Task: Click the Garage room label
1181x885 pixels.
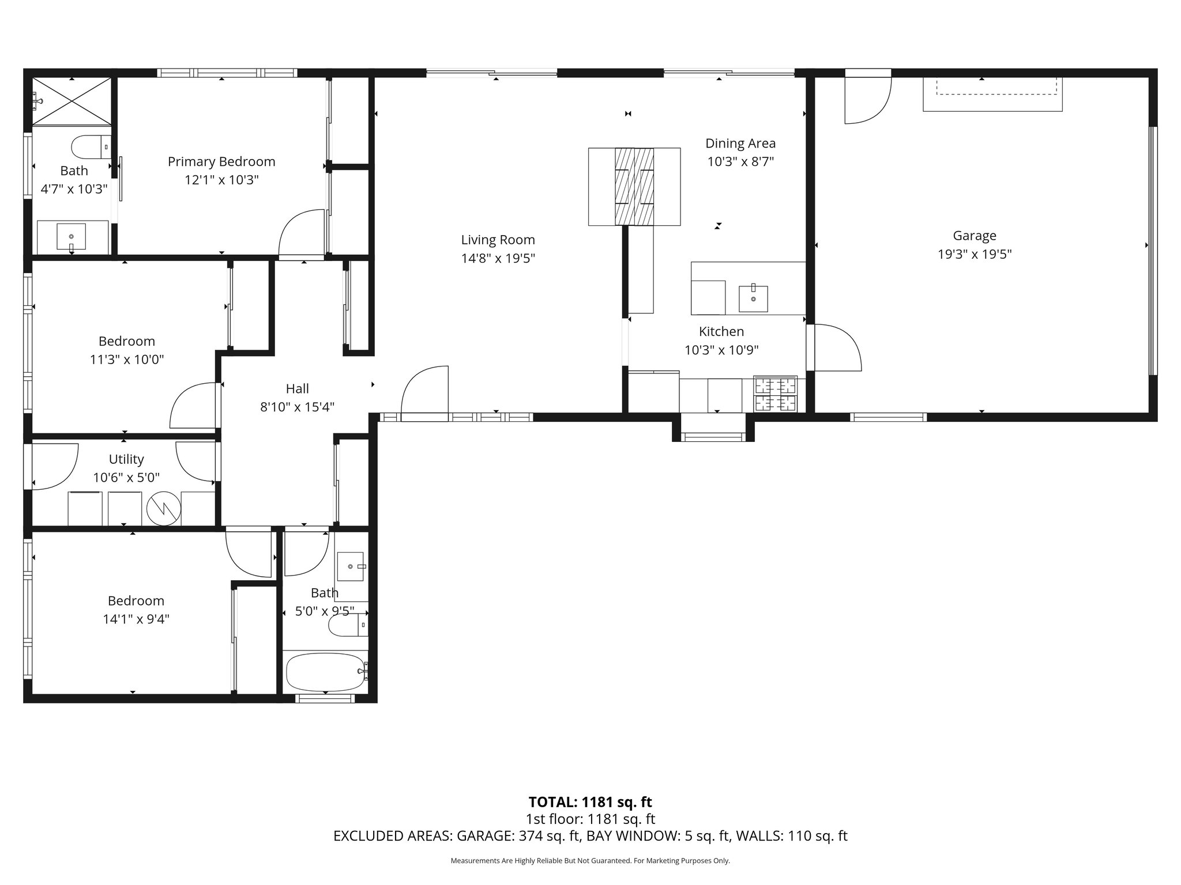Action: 974,236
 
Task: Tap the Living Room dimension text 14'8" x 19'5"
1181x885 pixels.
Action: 498,259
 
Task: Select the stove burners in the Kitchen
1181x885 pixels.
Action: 776,394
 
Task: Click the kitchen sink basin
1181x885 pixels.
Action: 753,298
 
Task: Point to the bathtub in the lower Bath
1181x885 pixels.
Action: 326,672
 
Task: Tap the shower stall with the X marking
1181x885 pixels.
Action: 72,101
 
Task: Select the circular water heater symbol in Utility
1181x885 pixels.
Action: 164,508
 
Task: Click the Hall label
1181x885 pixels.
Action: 297,389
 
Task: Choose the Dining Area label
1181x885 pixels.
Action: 740,143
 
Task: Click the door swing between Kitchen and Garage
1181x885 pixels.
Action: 835,347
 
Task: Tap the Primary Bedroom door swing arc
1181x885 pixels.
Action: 301,233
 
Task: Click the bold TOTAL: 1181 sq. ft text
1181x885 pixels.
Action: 590,802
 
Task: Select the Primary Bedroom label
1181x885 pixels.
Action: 221,162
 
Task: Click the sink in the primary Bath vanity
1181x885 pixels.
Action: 72,237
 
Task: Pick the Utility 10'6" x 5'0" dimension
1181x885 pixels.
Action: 126,478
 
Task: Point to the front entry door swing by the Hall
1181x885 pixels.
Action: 425,390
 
